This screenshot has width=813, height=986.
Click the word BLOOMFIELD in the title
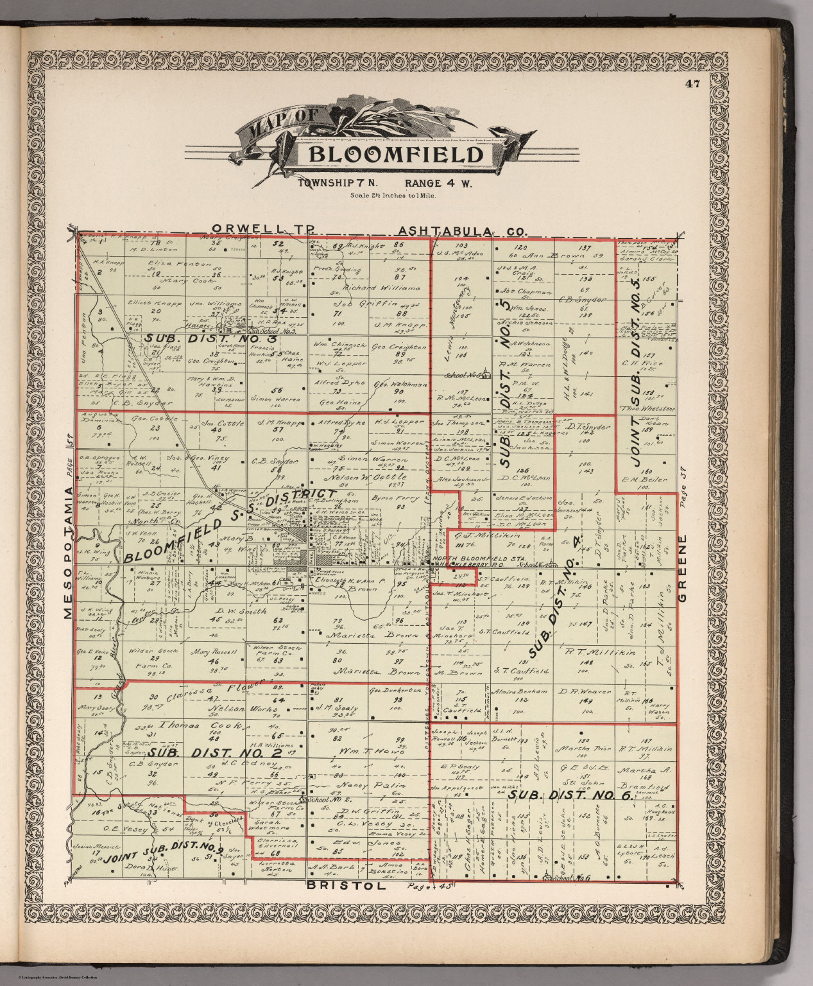(396, 155)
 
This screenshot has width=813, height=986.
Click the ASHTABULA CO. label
(462, 230)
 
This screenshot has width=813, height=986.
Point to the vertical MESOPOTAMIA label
(69, 552)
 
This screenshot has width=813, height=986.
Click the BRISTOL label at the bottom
(347, 886)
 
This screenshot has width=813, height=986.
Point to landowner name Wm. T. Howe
(369, 750)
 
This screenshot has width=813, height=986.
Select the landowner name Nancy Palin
(368, 785)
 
